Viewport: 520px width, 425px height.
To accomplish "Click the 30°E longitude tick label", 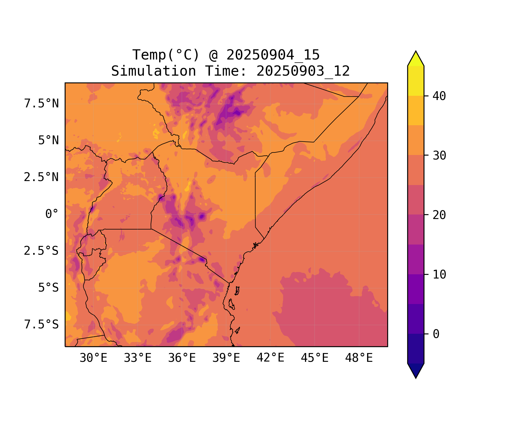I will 93,358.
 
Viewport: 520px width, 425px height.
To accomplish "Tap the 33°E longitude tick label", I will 138,358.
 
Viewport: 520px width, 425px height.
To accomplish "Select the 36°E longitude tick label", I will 182,358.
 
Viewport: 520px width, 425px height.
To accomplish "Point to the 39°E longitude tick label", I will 226,358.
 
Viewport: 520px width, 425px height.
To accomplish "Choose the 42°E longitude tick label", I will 270,358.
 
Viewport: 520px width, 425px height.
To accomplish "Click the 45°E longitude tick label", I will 315,358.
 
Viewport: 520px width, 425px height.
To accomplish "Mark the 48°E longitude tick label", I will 359,358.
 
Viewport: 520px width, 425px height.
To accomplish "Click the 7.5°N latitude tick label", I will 41,104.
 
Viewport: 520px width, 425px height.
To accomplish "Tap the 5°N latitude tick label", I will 49,141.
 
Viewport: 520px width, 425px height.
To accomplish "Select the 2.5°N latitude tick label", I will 41,177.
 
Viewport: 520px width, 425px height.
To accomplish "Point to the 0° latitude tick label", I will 52,214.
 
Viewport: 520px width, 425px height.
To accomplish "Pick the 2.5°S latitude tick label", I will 41,251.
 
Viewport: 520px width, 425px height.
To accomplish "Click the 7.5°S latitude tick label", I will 41,325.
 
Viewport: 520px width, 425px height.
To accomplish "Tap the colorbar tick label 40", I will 439,96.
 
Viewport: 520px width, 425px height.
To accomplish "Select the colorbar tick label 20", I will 439,215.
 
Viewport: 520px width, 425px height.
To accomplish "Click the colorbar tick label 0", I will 436,334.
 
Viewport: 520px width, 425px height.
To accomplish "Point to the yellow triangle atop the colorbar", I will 416,59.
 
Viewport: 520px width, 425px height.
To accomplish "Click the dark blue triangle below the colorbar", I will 416,370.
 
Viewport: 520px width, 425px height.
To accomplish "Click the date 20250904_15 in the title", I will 273,55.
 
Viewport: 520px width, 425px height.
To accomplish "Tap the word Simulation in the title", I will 153,71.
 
